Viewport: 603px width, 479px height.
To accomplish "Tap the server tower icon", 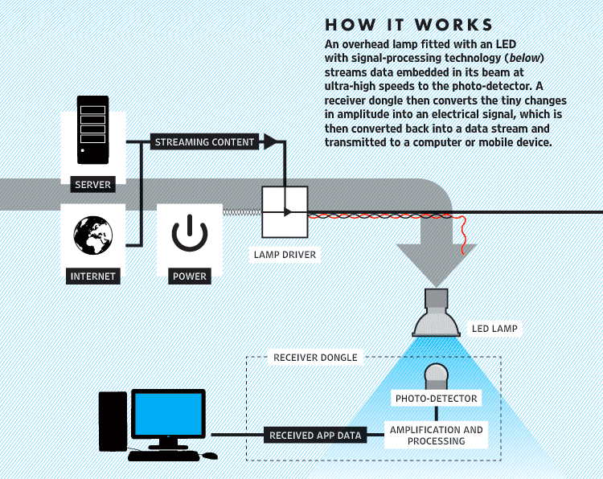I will pos(92,129).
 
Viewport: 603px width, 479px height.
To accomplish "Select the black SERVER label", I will pos(92,185).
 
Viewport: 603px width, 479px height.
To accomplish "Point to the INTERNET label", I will pos(92,276).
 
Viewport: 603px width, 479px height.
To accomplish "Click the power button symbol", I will pos(190,235).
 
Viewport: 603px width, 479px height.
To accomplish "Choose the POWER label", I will pos(190,276).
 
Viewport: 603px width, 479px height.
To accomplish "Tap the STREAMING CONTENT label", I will pos(204,142).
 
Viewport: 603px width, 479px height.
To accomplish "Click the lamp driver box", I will pos(285,212).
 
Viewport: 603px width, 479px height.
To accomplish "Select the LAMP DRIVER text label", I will pos(285,256).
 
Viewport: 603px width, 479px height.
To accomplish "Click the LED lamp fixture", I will pos(436,315).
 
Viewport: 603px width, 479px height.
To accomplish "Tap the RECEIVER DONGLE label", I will pos(315,357).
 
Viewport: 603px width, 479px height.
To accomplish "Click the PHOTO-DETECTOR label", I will pos(436,399).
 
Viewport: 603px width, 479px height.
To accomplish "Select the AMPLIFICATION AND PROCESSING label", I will pos(437,436).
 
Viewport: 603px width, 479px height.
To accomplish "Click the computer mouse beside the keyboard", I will pos(209,456).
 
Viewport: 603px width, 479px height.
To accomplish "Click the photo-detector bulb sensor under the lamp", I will pos(436,375).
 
